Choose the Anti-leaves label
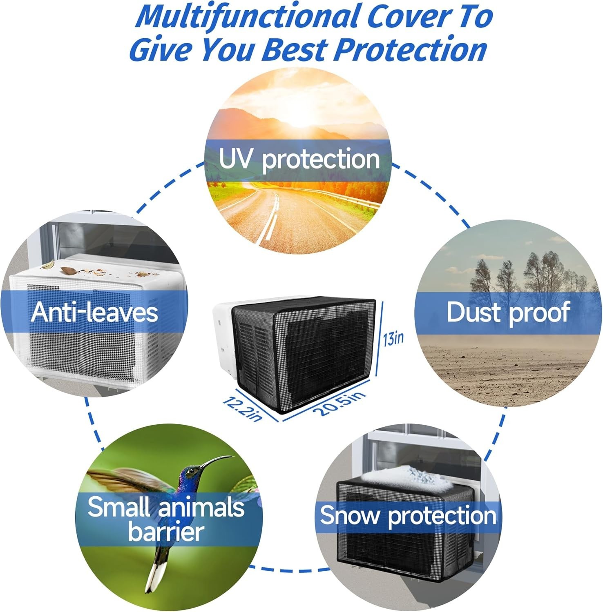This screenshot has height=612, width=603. (x=94, y=312)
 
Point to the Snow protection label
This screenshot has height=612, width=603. (x=408, y=515)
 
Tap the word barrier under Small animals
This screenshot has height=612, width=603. (x=165, y=532)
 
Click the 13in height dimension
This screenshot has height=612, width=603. (x=393, y=338)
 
